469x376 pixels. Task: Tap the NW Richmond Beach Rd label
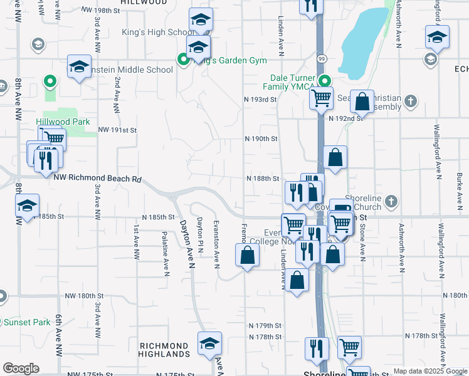(97, 179)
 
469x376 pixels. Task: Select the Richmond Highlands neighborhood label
(164, 350)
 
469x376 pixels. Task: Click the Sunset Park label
(27, 323)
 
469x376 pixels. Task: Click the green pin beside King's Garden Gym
(184, 60)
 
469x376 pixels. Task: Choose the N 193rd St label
(260, 100)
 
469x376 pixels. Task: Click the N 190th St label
(260, 138)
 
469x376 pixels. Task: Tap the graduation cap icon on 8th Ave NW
(27, 206)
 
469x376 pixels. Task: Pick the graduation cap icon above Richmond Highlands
(210, 343)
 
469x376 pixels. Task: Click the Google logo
(21, 368)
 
